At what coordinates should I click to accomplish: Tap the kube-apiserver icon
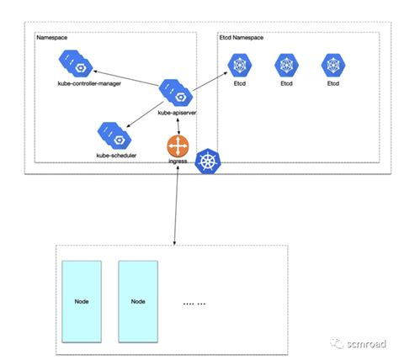point(178,90)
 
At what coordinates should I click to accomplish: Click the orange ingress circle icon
point(177,145)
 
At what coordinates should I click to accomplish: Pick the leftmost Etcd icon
point(240,66)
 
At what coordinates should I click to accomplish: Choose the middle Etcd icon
point(286,66)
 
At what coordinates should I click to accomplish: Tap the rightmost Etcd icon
point(332,66)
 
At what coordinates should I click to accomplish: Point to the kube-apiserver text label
point(179,111)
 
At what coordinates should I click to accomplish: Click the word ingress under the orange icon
point(178,161)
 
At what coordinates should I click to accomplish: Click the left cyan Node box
point(82,299)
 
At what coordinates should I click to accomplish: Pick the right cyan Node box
point(139,299)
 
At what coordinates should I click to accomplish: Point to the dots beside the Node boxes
point(194,301)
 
